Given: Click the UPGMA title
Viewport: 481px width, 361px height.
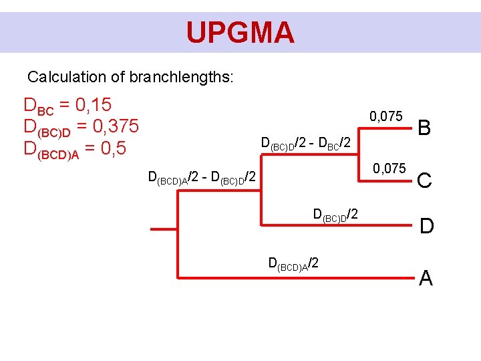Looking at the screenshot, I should point(240,32).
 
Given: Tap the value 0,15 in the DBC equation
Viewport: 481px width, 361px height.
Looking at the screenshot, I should point(93,105).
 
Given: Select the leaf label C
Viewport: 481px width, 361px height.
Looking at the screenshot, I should point(426,180).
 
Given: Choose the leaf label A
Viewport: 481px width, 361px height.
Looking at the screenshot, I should point(426,277).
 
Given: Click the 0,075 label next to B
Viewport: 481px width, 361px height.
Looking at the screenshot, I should point(386,117).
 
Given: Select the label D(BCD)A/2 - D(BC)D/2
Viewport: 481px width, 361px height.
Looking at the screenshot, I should point(202,178).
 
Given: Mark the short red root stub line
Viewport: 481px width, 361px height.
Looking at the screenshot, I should point(164,229).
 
